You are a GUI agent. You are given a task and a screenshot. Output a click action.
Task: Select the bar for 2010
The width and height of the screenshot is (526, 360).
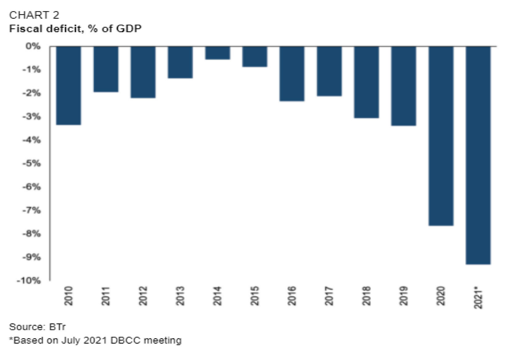coord(69,85)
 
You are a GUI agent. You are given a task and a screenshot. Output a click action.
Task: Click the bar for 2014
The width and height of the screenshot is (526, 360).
coord(218,53)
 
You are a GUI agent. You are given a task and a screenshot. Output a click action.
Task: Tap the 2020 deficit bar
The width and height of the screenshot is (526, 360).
coord(441,136)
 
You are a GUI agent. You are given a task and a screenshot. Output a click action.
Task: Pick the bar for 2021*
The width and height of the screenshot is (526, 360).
coord(478,155)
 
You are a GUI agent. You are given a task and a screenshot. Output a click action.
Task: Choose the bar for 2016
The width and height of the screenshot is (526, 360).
coord(292,74)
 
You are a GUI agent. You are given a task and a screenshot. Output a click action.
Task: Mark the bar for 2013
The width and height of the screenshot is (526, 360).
coord(180,62)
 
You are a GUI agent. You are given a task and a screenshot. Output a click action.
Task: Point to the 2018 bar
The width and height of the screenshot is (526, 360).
coord(366,82)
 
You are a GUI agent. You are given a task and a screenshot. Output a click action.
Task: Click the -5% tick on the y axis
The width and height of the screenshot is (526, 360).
coord(32,163)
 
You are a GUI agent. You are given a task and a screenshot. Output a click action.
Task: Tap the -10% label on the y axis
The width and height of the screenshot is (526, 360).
coord(29,281)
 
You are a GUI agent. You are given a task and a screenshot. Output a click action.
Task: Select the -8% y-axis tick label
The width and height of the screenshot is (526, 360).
coord(32,234)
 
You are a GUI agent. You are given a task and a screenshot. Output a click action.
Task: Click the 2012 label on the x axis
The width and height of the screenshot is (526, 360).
coord(143,296)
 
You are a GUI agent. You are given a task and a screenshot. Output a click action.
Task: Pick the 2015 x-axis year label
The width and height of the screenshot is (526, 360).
coord(255,296)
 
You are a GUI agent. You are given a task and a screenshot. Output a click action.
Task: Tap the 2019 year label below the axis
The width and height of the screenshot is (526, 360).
coord(404,296)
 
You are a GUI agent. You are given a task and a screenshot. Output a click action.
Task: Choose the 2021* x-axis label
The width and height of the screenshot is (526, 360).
coord(478,297)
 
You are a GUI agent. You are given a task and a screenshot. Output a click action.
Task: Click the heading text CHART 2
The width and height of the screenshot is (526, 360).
coord(34,15)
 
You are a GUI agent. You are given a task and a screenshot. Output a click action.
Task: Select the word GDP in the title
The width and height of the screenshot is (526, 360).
coord(129,29)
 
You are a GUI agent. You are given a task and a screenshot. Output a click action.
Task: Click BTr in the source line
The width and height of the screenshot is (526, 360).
coord(57,326)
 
